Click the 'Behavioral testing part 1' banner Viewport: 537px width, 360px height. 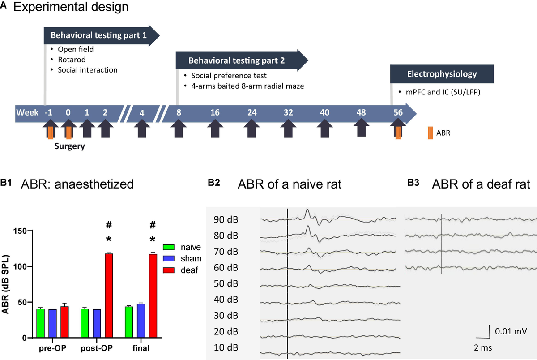[98, 35]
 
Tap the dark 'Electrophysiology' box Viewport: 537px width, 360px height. [442, 74]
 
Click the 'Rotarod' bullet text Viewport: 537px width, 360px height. [71, 60]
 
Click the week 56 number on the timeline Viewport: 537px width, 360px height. [398, 112]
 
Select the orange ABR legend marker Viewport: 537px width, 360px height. [430, 133]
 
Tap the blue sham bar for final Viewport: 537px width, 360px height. [141, 321]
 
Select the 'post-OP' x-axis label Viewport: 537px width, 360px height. [97, 348]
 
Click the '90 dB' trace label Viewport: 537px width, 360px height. [225, 219]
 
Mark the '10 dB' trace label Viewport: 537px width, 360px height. [225, 348]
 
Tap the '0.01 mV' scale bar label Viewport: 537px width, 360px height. [511, 332]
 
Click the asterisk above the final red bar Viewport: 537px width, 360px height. [153, 239]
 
